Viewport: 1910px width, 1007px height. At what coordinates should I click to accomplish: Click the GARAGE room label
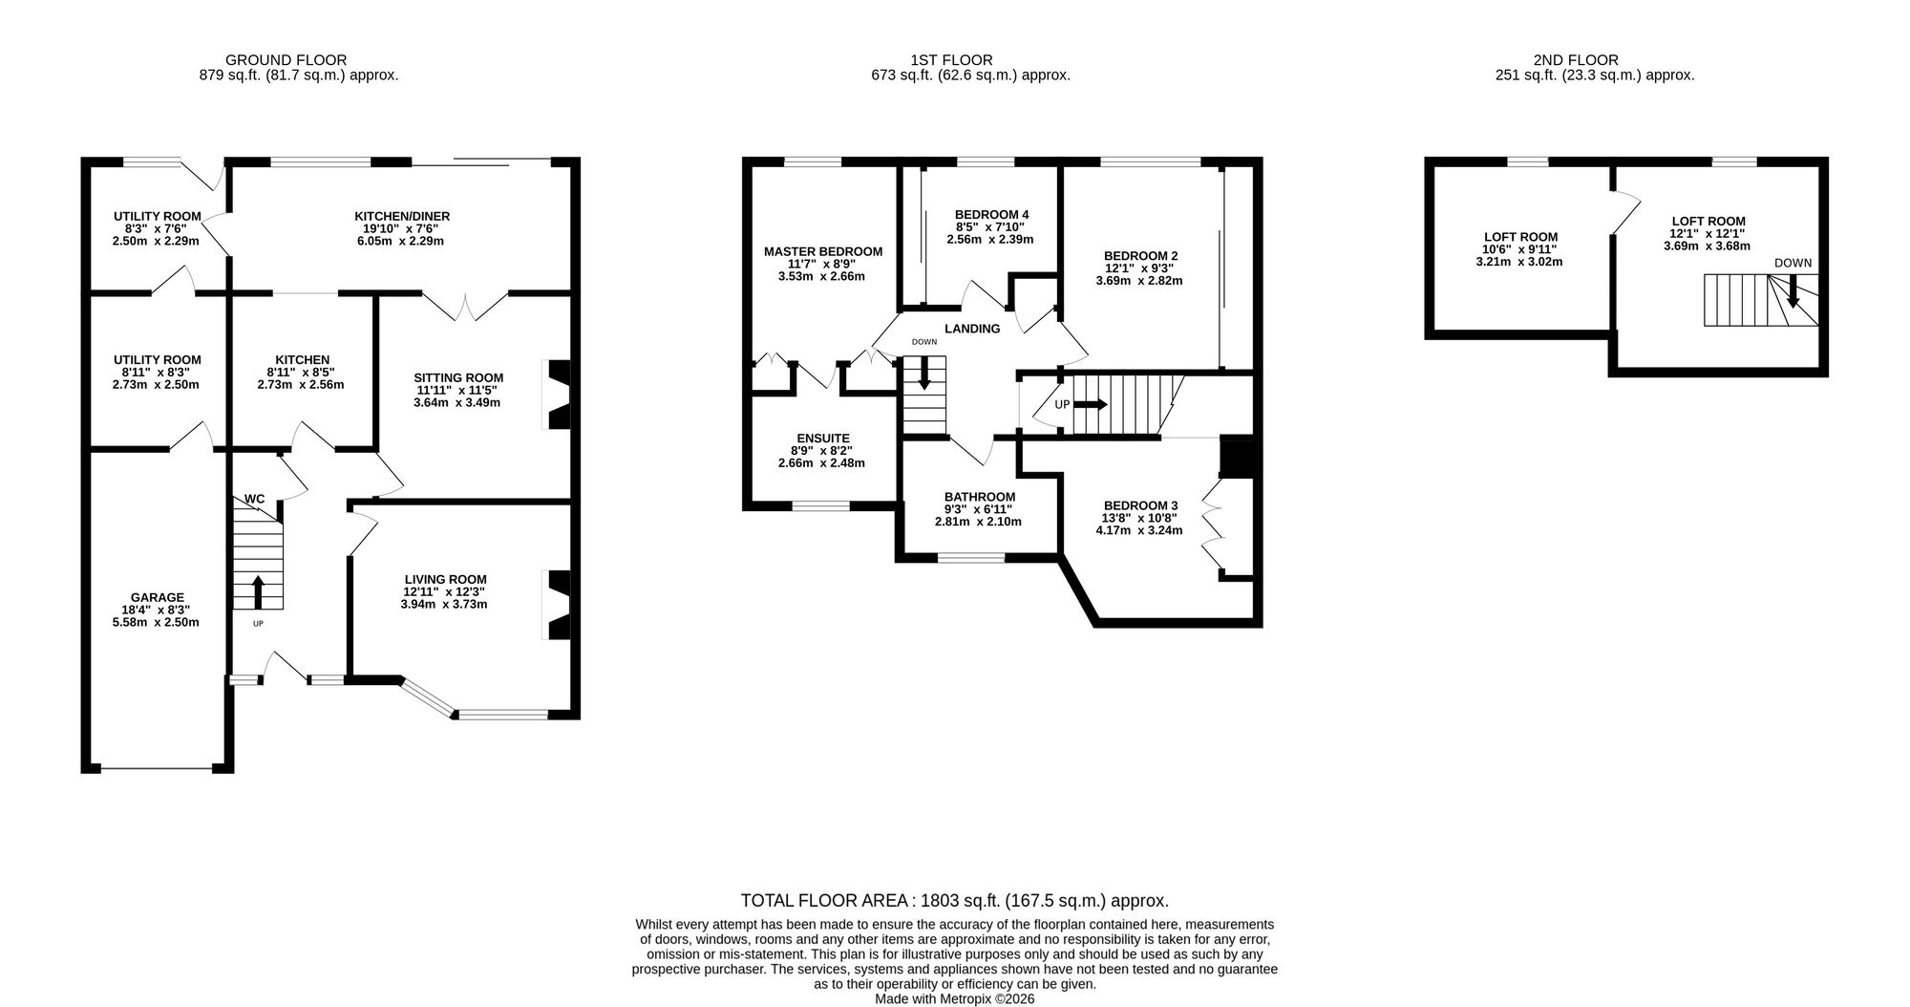(156, 598)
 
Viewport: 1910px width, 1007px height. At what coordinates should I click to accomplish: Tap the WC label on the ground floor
(255, 499)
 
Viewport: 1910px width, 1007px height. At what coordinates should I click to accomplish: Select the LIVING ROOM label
(445, 579)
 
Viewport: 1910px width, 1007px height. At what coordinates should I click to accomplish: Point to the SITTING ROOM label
(458, 377)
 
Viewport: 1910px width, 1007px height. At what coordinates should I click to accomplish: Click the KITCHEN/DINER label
(402, 216)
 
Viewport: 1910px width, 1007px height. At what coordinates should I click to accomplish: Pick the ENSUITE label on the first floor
(821, 438)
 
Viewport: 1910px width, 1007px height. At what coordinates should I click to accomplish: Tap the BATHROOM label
(980, 497)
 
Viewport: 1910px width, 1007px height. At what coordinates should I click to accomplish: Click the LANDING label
(972, 329)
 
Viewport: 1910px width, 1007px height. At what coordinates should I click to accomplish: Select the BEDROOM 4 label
(991, 214)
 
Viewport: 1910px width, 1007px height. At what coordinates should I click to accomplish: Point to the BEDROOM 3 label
(1140, 505)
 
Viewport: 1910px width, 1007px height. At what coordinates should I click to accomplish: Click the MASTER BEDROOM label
(823, 251)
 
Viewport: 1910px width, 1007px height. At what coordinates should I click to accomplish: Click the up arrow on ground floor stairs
(258, 592)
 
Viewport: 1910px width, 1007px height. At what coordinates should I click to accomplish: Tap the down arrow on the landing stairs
(923, 373)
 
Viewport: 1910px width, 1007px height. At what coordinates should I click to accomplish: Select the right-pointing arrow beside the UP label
(1091, 404)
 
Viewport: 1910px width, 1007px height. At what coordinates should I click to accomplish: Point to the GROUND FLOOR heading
(286, 60)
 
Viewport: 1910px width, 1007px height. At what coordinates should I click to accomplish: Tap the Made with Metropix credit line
(955, 998)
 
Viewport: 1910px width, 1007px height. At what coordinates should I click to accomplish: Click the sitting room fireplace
(558, 394)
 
